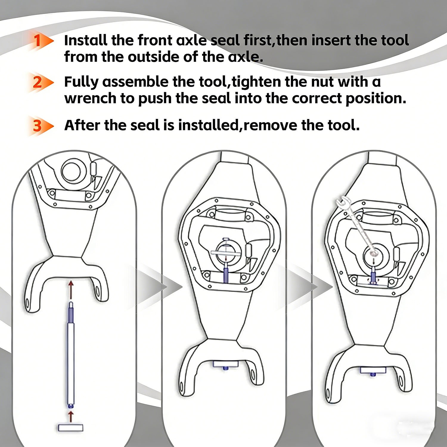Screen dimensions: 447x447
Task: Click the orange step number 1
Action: tap(37, 41)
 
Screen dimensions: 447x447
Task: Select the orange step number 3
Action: tap(38, 125)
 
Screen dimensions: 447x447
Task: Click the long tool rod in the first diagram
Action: tap(71, 355)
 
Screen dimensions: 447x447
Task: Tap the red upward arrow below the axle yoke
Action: tap(71, 289)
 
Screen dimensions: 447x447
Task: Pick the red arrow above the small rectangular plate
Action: tap(71, 416)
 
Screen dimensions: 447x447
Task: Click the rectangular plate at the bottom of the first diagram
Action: tap(70, 428)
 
